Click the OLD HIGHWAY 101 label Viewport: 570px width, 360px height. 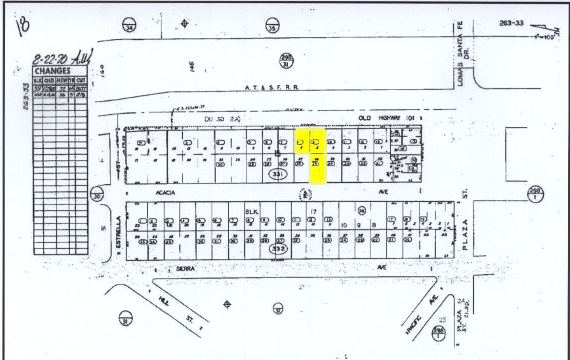coord(381,118)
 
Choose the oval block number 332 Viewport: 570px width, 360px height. coord(278,250)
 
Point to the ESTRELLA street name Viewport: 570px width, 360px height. coord(119,235)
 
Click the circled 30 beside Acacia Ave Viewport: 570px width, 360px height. coord(96,195)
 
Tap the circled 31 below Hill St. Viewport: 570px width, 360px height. coord(126,318)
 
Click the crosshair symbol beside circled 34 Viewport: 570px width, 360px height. coord(185,24)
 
